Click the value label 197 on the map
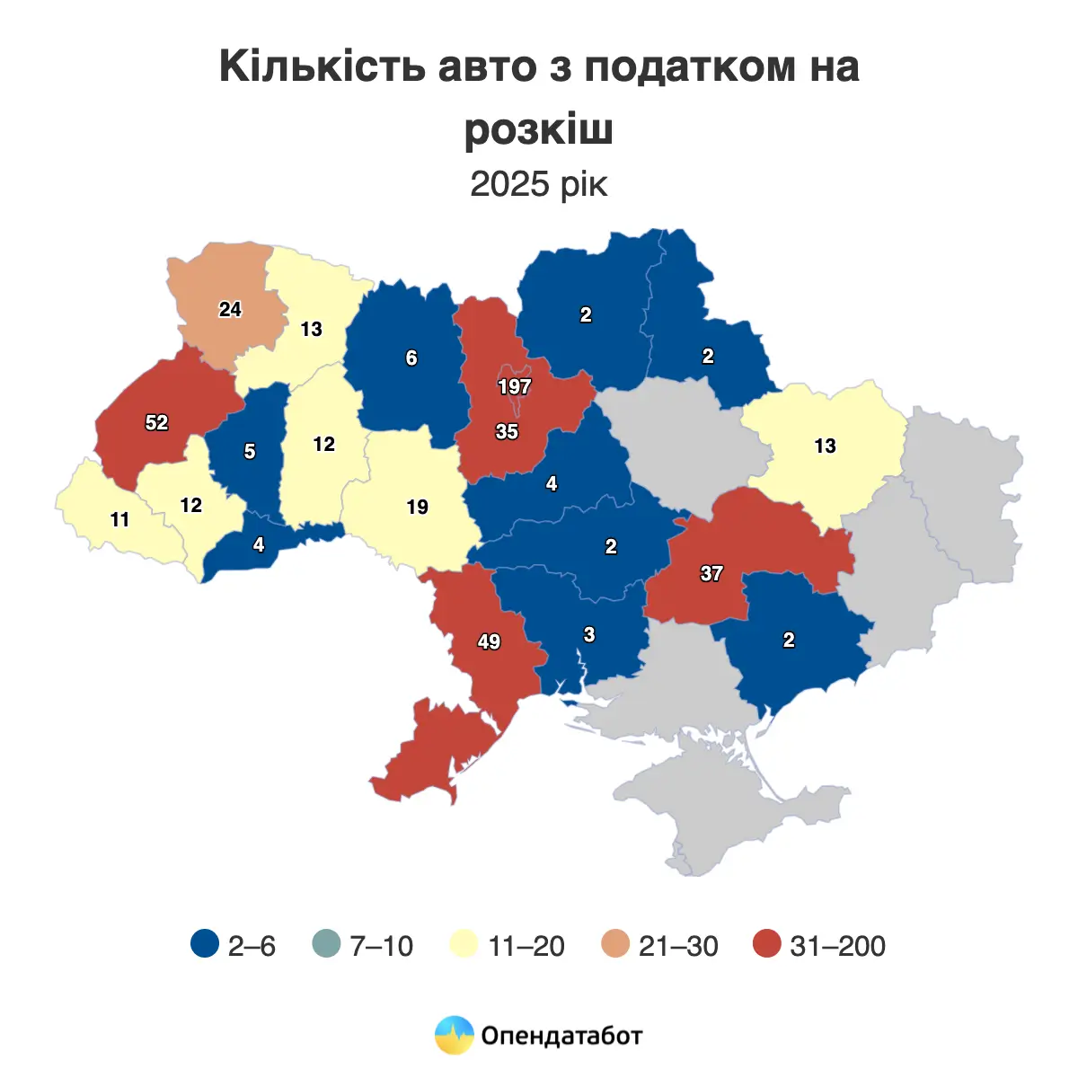(x=515, y=387)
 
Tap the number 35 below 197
(x=507, y=432)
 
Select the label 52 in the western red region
(x=156, y=422)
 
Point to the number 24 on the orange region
(x=230, y=309)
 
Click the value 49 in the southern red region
(x=489, y=642)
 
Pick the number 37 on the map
(x=711, y=573)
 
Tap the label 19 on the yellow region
(x=417, y=508)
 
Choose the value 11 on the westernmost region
(x=119, y=520)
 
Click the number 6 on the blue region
(x=411, y=358)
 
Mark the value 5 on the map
(x=250, y=452)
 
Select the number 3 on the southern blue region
(x=589, y=635)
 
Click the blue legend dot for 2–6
(x=206, y=945)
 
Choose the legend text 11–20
(x=526, y=946)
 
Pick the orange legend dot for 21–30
(x=615, y=945)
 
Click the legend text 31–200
(x=837, y=946)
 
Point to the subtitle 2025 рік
(x=539, y=184)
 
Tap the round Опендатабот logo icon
(x=454, y=1035)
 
